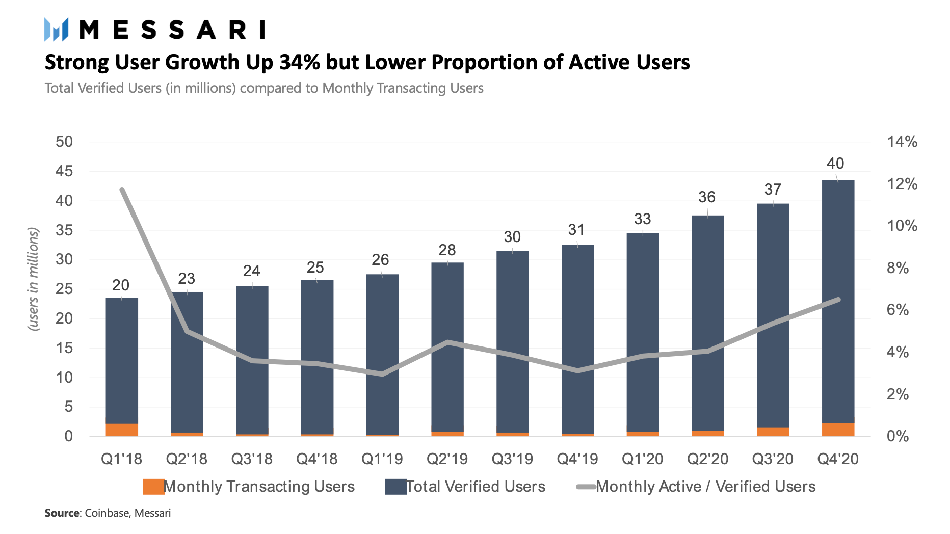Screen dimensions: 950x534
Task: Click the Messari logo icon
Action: (x=56, y=30)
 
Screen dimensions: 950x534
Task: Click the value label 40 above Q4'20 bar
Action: (x=835, y=164)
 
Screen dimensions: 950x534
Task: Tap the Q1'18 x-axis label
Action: (x=121, y=459)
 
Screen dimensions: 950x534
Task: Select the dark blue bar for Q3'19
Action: (x=512, y=342)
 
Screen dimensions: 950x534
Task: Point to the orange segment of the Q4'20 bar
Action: (x=838, y=430)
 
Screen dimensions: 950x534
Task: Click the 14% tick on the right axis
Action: (x=902, y=142)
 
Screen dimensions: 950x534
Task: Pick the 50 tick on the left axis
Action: (x=64, y=142)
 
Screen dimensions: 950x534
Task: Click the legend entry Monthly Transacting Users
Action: (x=249, y=487)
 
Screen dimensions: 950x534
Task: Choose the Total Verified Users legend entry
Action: (x=465, y=487)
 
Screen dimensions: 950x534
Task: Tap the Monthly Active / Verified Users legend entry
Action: (x=696, y=487)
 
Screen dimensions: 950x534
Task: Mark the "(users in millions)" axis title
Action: (x=34, y=279)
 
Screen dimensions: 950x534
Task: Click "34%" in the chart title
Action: (x=300, y=62)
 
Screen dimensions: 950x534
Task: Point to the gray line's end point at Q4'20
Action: (x=838, y=300)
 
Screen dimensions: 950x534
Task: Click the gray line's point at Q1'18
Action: (x=122, y=190)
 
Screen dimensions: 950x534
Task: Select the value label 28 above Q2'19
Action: (x=447, y=250)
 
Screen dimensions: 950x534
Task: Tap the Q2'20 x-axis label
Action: (x=707, y=459)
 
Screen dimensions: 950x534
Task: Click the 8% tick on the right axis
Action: (x=898, y=268)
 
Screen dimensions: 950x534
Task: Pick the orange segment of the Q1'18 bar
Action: (x=122, y=430)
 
